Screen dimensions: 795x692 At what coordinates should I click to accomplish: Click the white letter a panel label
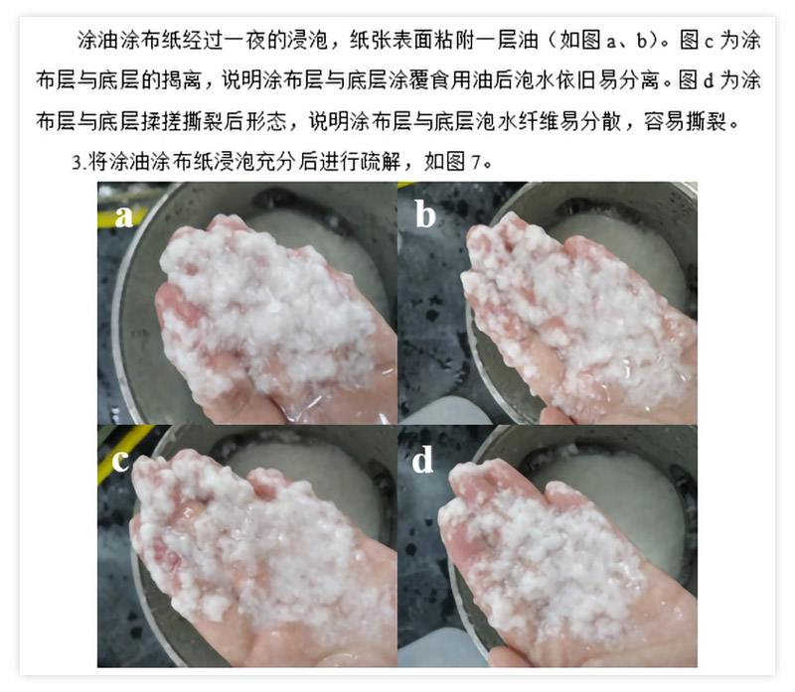[123, 216]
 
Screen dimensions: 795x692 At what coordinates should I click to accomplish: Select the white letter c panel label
[120, 461]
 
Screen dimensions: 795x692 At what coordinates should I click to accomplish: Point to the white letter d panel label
[422, 459]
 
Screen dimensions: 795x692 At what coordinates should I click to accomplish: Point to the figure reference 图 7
[453, 162]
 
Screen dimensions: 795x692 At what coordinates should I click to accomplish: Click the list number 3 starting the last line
[77, 163]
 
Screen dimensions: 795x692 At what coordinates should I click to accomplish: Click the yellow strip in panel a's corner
[119, 217]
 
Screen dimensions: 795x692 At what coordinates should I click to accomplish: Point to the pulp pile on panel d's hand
[553, 547]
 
